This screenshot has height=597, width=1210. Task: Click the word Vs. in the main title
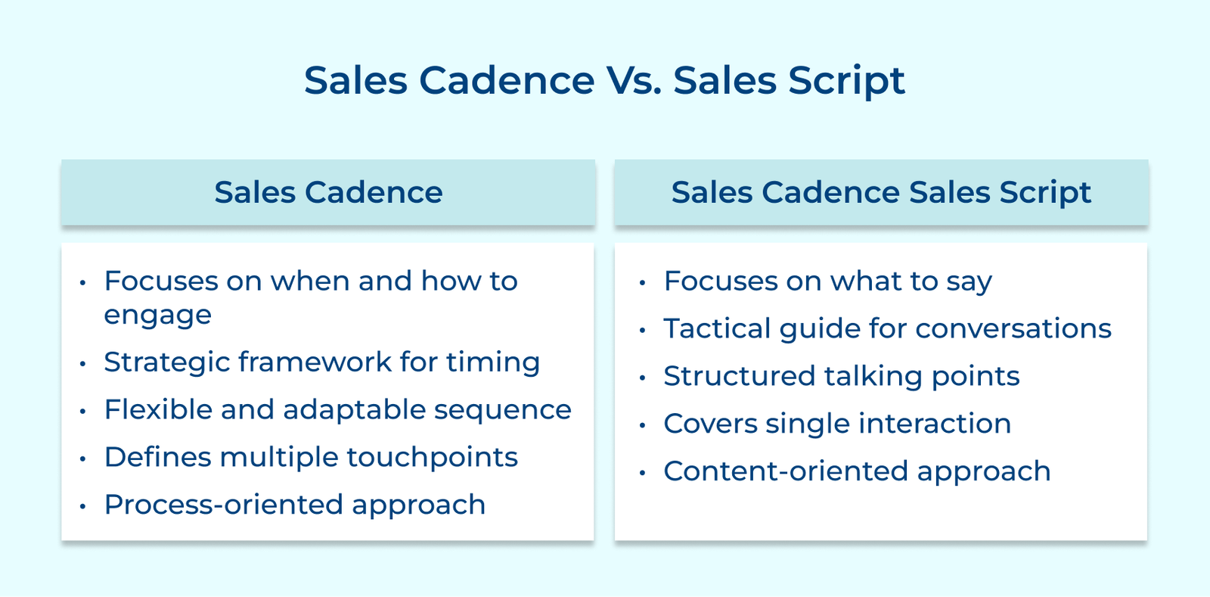634,80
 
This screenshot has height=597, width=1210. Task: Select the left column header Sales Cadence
328,192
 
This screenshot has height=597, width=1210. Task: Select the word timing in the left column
492,362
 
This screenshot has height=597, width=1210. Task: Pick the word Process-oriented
223,505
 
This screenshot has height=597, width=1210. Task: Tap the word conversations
1013,328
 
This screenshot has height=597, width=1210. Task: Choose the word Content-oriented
785,471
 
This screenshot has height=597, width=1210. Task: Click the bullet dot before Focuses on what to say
642,284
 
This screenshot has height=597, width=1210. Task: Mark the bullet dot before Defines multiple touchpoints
82,459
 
